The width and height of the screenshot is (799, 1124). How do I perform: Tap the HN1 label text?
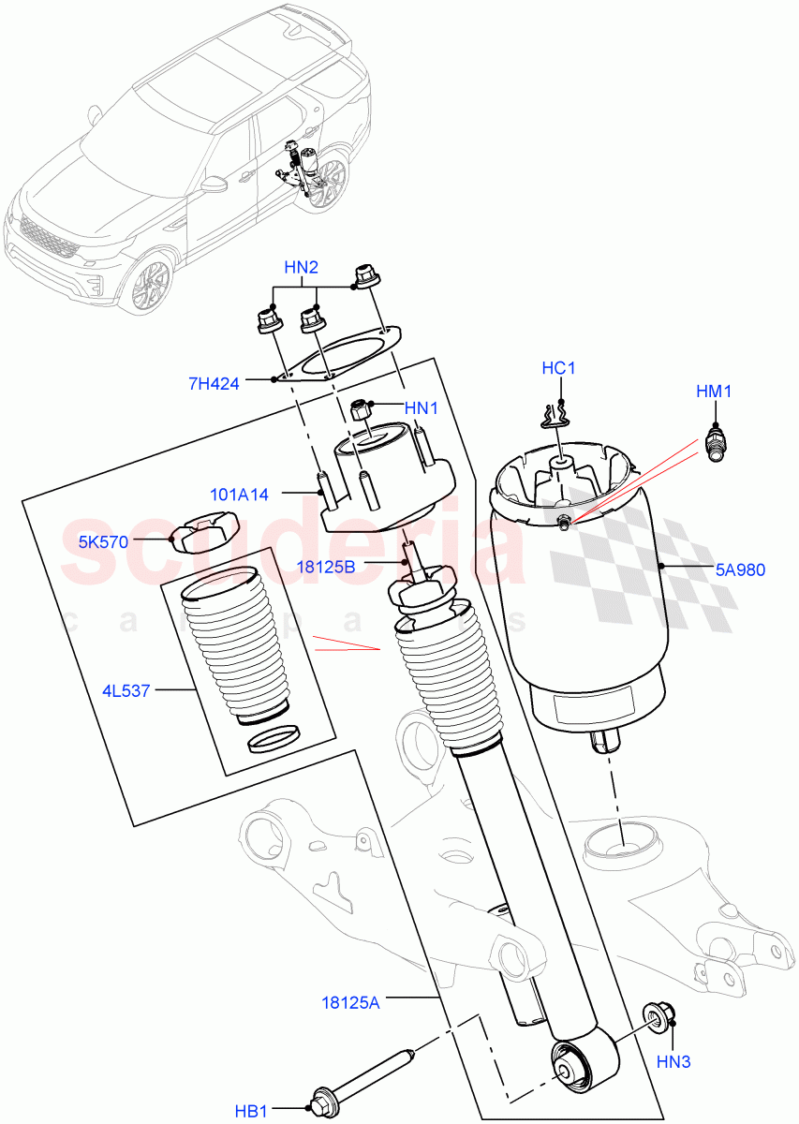click(422, 408)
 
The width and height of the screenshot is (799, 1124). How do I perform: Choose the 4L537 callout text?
click(125, 692)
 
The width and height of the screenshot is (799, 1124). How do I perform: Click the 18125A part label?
click(348, 1003)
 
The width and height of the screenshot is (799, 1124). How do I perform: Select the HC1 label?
click(558, 368)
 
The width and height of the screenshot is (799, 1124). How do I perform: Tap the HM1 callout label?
click(714, 391)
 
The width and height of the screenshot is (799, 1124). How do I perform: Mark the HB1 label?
click(252, 1112)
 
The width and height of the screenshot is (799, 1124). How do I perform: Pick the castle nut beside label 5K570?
click(200, 536)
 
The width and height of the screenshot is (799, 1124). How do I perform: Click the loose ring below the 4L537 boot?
click(274, 740)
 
